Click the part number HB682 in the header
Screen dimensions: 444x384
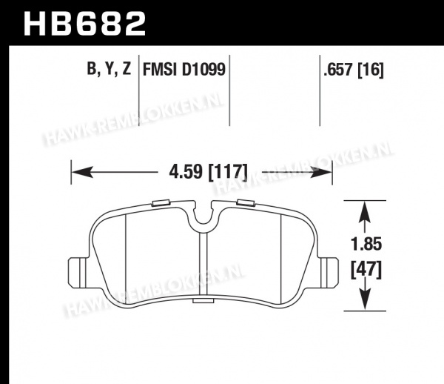[x=84, y=24]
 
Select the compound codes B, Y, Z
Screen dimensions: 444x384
[x=109, y=69]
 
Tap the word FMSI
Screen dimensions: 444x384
[x=160, y=70]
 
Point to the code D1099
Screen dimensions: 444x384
[x=203, y=70]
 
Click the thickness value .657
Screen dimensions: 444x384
[x=338, y=70]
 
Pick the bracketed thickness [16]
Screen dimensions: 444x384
[x=371, y=70]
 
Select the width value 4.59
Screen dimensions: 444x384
[x=186, y=172]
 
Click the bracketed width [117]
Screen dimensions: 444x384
[x=228, y=172]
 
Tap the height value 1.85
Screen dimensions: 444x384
[x=366, y=244]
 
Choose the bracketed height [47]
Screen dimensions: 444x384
[x=366, y=270]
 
